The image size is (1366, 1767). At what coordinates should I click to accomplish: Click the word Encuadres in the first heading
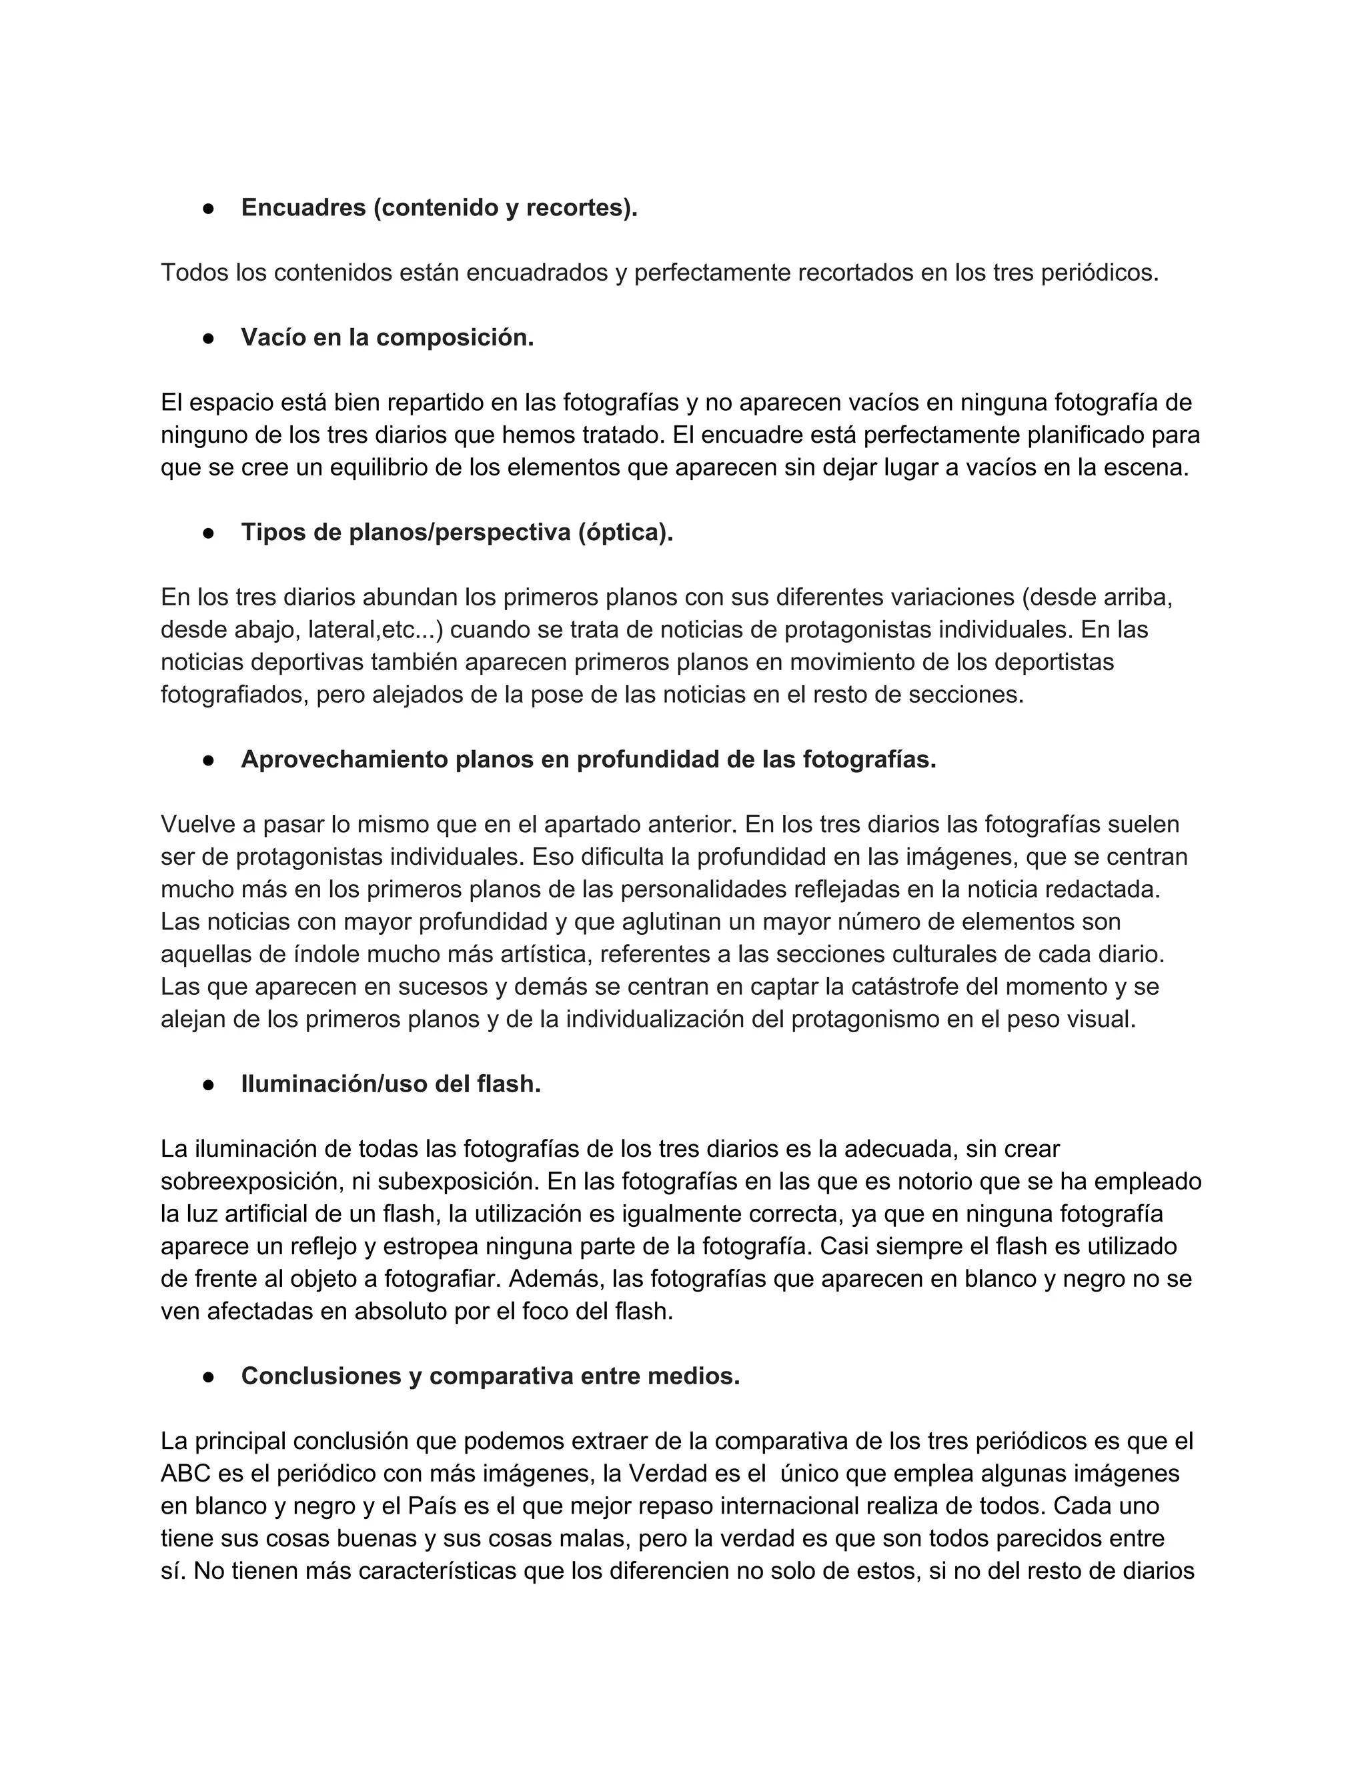[x=303, y=208]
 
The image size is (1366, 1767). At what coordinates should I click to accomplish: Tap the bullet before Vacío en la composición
[x=208, y=338]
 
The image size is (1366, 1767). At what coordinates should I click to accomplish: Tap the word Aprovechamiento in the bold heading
[x=345, y=759]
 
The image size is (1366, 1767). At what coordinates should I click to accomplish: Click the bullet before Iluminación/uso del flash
[x=208, y=1084]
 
